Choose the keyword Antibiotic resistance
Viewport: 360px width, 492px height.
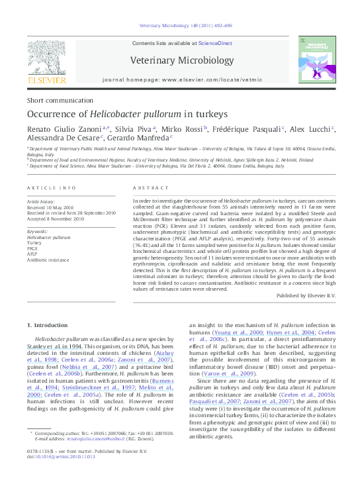coord(49,260)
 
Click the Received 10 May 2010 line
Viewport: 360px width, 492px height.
coord(51,207)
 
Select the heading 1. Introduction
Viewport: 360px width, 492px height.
coord(47,325)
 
